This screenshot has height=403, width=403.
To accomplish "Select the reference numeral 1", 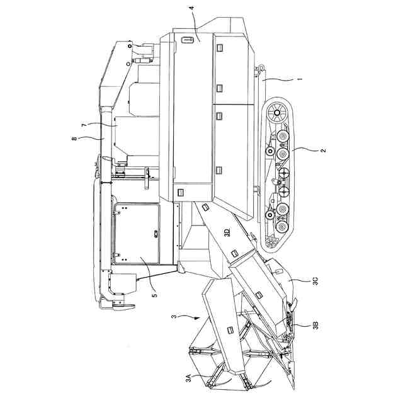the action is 299,79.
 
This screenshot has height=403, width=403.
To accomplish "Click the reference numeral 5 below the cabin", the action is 154,292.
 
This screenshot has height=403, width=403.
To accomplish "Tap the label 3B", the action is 315,326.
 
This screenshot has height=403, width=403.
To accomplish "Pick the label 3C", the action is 315,280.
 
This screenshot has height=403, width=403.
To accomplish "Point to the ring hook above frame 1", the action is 258,66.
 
